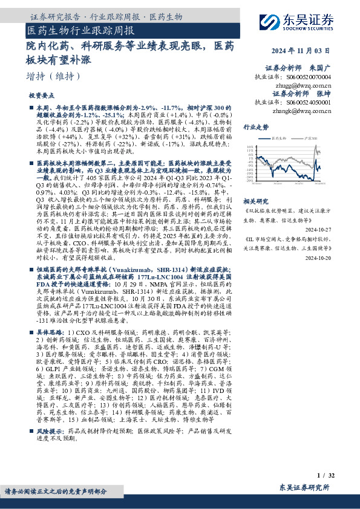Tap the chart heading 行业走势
pos(256,128)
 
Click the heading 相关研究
pos(256,200)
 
